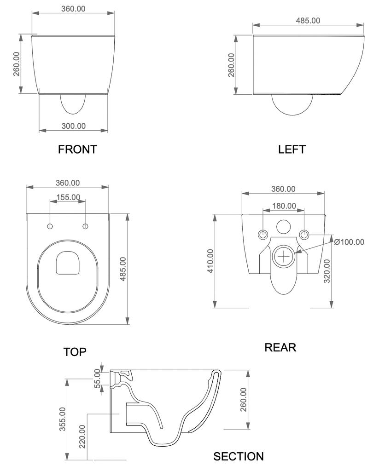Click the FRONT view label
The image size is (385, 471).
point(77,149)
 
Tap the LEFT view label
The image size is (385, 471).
point(292,149)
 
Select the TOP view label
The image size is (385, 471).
point(75,352)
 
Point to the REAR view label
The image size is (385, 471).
point(280,347)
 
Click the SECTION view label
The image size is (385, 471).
point(239,456)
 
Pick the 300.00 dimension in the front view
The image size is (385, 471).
point(74,126)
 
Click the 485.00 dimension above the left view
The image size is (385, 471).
point(308,20)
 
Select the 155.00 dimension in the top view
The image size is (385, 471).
point(68,197)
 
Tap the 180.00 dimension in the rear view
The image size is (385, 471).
point(283,206)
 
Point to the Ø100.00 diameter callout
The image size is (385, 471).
point(349,242)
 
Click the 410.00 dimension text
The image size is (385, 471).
point(210,261)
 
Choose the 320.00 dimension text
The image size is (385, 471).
point(327,271)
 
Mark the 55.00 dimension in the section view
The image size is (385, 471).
point(98,379)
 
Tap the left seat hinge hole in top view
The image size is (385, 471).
point(50,226)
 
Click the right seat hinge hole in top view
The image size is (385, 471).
point(85,226)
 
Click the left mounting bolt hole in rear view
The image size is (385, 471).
point(262,234)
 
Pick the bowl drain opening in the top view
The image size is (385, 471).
point(68,263)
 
